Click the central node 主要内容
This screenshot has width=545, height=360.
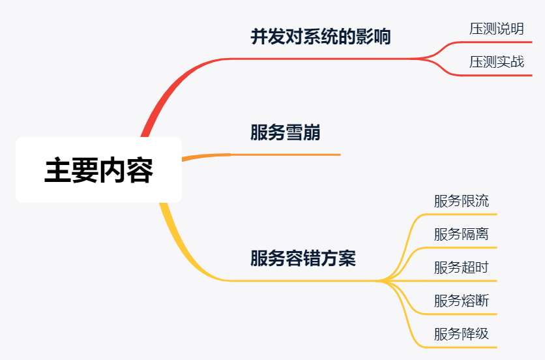tap(98, 170)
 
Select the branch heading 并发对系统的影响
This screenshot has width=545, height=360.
tap(321, 37)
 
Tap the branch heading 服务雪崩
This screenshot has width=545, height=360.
tap(285, 133)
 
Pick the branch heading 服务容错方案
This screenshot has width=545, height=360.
tap(303, 258)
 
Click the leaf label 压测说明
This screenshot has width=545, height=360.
tap(496, 29)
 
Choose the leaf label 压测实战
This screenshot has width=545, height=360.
tap(496, 62)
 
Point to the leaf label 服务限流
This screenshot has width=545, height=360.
tap(461, 201)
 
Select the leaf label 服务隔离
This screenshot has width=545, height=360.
tap(461, 234)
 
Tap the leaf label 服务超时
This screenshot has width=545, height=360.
tap(461, 267)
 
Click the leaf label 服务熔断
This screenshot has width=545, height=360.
tap(461, 301)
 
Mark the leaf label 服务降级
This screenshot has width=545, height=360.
tap(461, 334)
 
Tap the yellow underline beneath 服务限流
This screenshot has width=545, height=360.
tap(463, 214)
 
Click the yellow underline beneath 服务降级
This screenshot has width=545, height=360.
tap(463, 347)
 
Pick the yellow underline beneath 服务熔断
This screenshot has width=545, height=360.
tap(463, 314)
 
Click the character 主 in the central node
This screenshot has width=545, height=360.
tap(58, 171)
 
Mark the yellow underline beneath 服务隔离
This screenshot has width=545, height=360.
tap(463, 247)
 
